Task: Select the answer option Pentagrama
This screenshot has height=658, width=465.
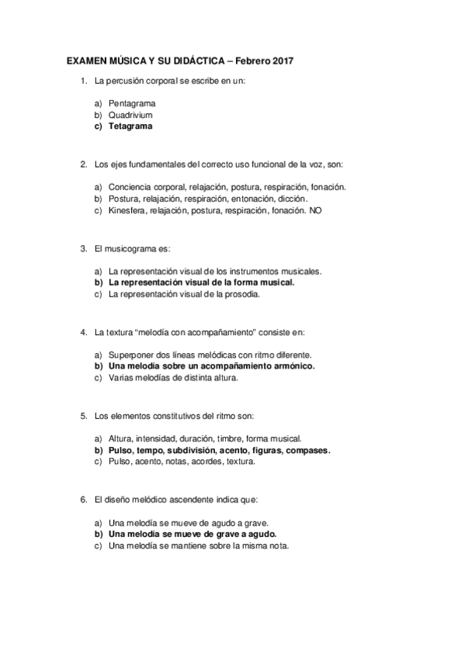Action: tap(132, 103)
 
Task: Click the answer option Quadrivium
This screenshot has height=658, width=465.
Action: tap(130, 115)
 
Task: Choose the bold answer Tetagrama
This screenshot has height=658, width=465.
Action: tap(130, 126)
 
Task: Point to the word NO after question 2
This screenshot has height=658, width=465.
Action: tap(314, 210)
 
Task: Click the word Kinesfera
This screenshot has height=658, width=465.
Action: tap(128, 210)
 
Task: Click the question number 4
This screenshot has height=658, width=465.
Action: tap(83, 332)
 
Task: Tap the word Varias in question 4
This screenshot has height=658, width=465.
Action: tap(121, 377)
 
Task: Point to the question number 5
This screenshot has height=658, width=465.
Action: tap(83, 416)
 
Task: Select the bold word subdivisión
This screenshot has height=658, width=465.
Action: tap(188, 449)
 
